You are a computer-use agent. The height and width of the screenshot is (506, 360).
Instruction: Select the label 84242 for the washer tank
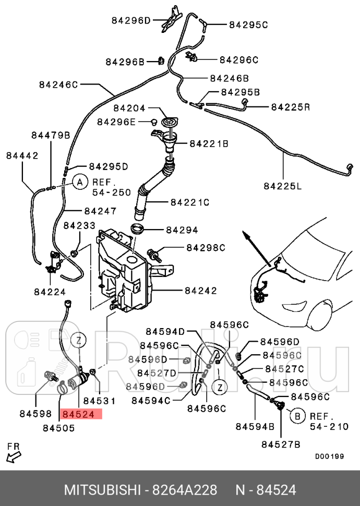[x=200, y=291]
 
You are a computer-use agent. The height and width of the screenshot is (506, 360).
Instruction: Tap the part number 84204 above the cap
[x=129, y=109]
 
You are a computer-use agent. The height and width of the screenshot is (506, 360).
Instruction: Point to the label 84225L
[x=282, y=185]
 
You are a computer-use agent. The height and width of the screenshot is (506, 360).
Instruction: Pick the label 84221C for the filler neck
[x=189, y=201]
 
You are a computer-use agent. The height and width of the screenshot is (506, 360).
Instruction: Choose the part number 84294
[x=182, y=229]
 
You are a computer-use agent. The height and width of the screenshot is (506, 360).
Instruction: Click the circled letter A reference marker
[x=79, y=182]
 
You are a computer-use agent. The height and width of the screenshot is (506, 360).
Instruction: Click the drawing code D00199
[x=329, y=456]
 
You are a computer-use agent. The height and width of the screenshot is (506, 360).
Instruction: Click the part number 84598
[x=35, y=414]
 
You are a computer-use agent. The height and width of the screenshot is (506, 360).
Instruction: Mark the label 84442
[x=22, y=155]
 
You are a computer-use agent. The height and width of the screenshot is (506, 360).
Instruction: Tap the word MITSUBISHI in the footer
[x=102, y=490]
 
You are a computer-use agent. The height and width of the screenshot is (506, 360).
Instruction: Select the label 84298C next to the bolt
[x=206, y=247]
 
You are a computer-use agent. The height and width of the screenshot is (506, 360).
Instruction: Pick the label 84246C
[x=58, y=83]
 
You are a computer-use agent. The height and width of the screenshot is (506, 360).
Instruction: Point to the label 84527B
[x=281, y=444]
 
